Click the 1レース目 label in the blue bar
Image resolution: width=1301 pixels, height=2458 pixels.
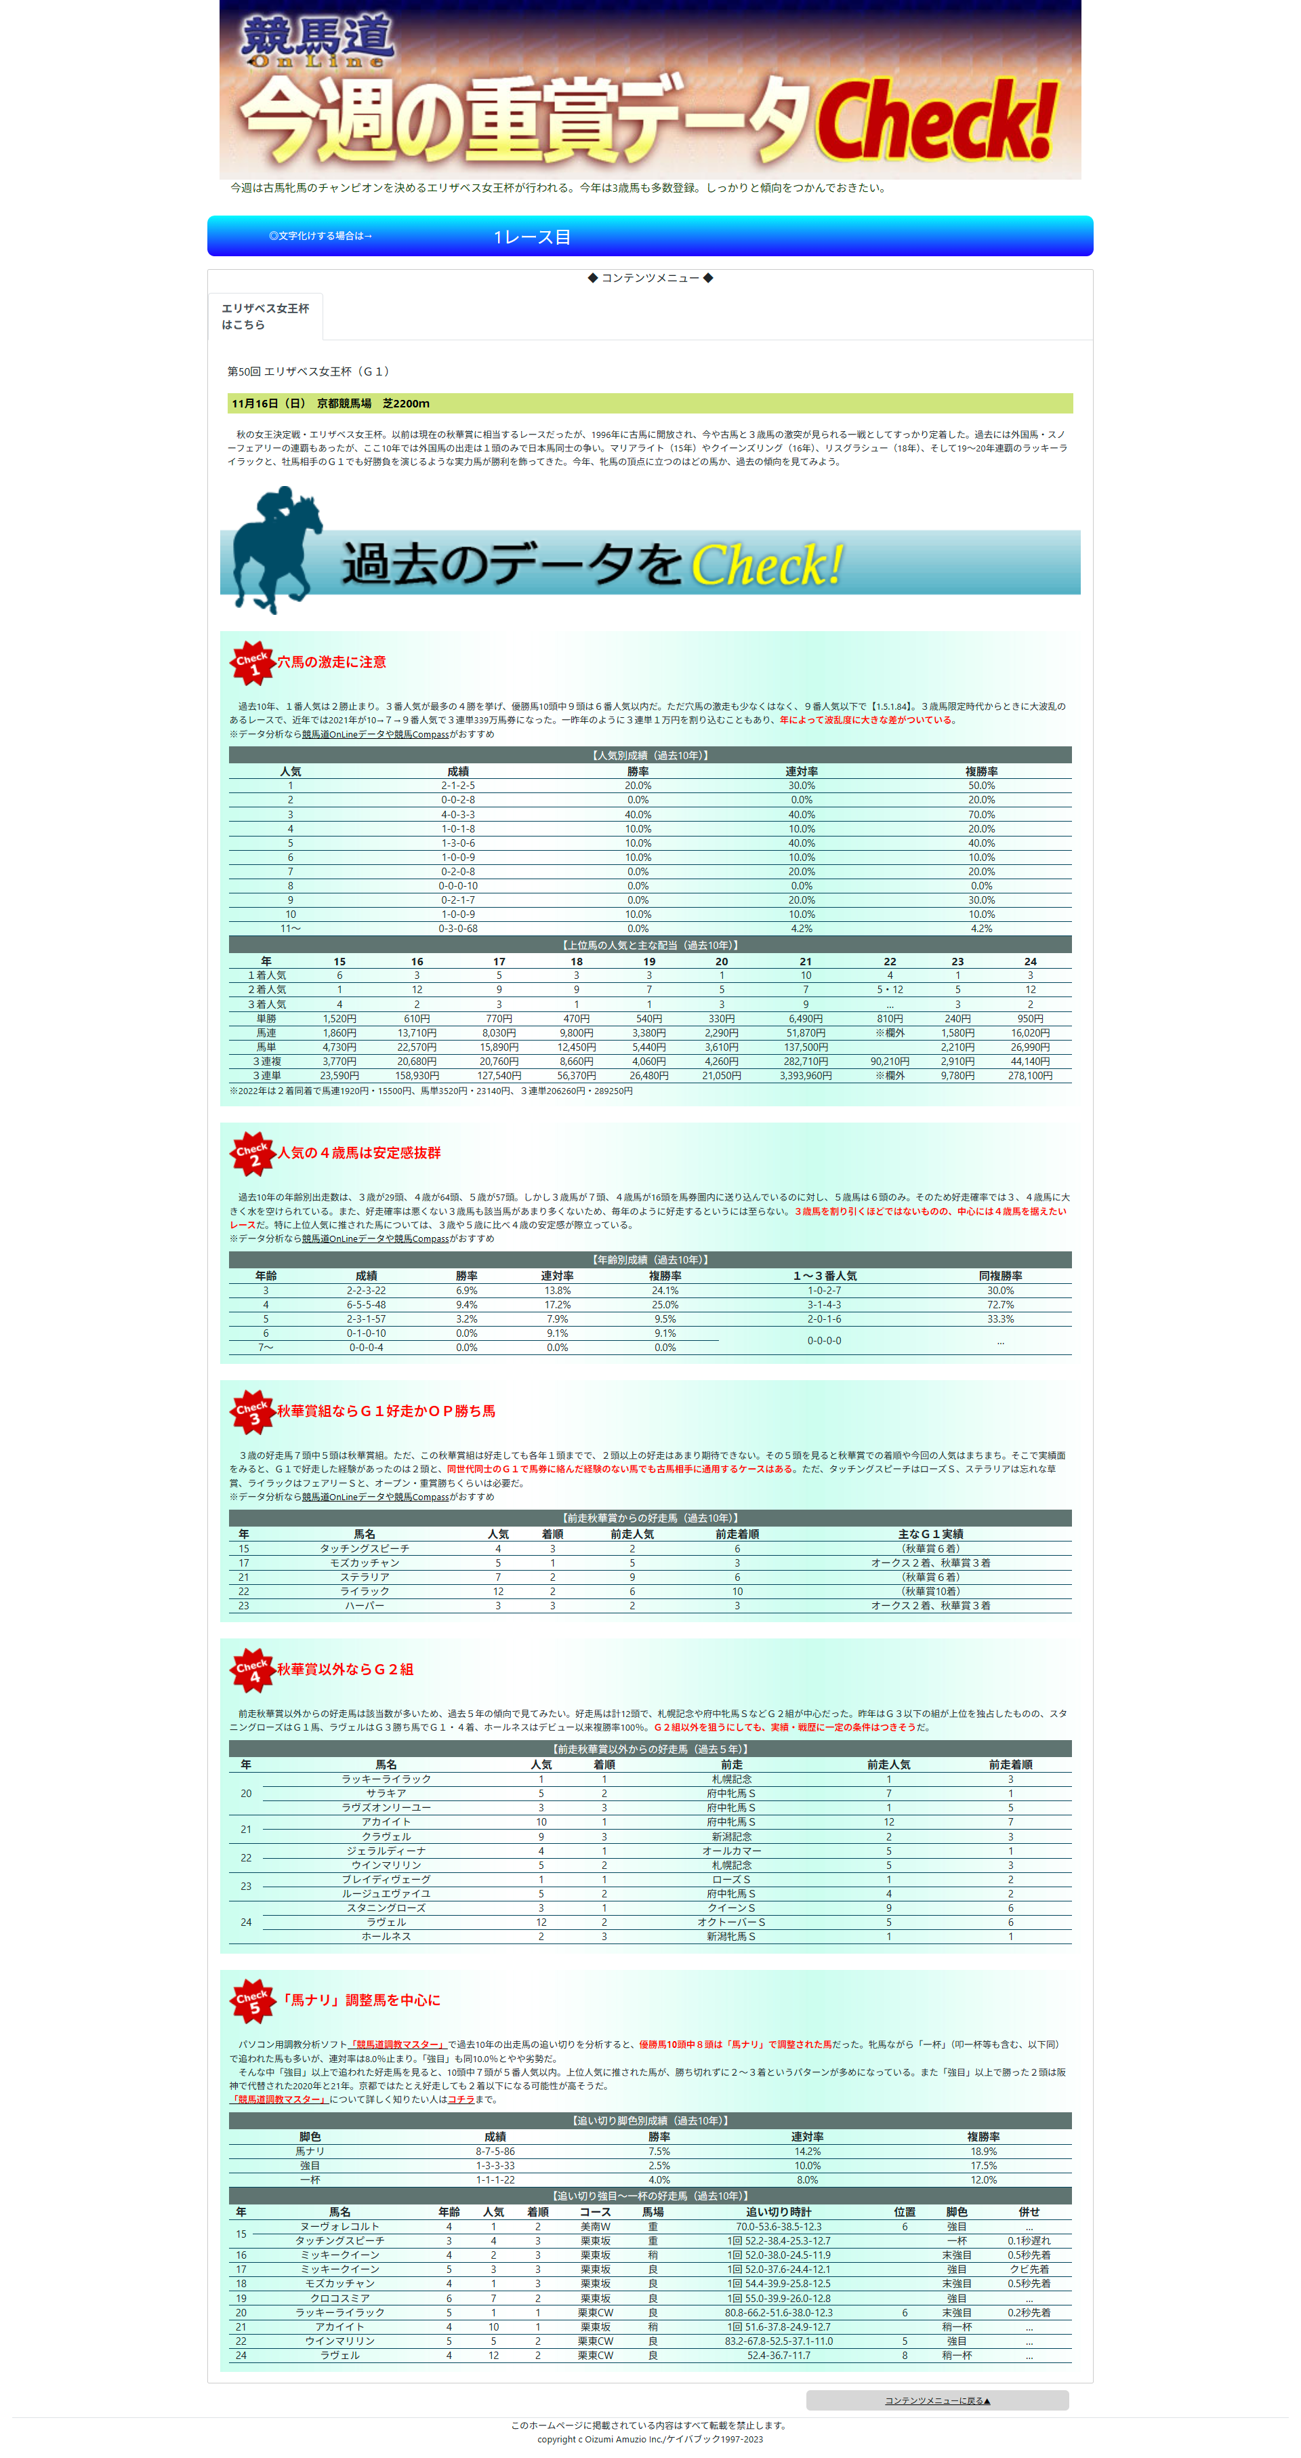point(531,237)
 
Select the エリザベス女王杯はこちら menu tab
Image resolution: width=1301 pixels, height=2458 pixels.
point(265,316)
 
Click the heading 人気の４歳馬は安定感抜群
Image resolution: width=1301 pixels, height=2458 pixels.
point(358,1152)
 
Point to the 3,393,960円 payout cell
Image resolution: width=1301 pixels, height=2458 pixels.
point(805,1075)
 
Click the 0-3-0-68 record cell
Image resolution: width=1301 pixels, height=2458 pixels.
point(458,929)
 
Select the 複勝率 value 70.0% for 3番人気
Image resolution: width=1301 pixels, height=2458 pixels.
point(980,815)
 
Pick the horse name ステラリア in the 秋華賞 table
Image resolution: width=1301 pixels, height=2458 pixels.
point(365,1577)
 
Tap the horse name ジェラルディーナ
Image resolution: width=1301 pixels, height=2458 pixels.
point(386,1850)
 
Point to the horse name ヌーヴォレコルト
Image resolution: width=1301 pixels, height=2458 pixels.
point(339,2226)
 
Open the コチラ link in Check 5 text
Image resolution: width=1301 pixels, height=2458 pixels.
point(461,2099)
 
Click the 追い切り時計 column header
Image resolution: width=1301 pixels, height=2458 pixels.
point(779,2212)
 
